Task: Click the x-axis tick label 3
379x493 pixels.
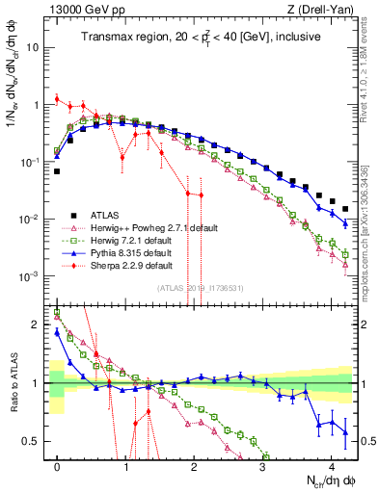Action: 262,465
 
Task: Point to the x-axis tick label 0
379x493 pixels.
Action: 57,465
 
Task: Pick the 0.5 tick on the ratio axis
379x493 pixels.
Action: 35,441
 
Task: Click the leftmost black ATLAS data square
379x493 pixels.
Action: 57,171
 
